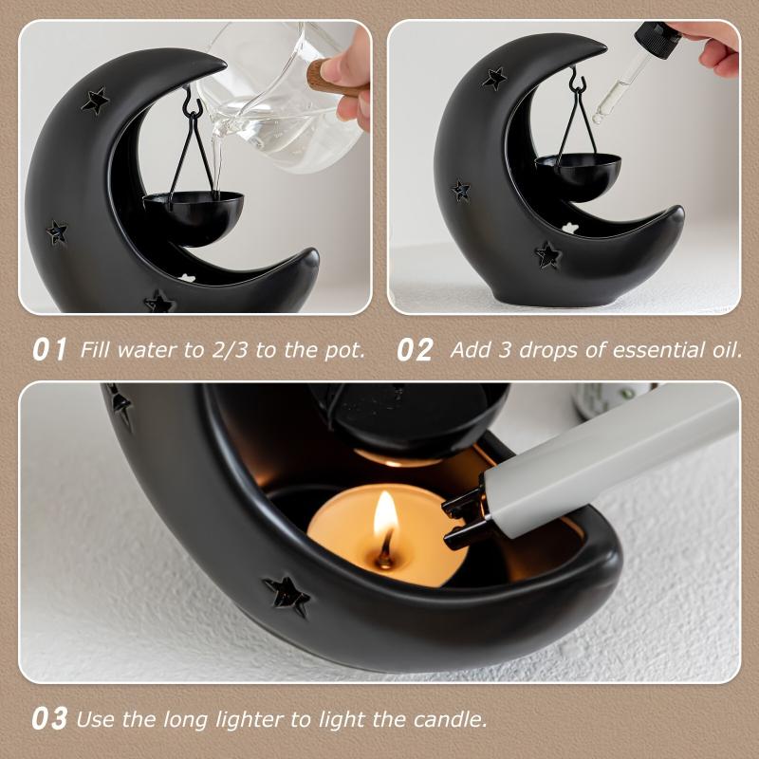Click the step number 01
click(50, 349)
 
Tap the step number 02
click(415, 349)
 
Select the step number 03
click(50, 718)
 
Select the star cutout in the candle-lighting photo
click(287, 595)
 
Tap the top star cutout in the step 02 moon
click(493, 78)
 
